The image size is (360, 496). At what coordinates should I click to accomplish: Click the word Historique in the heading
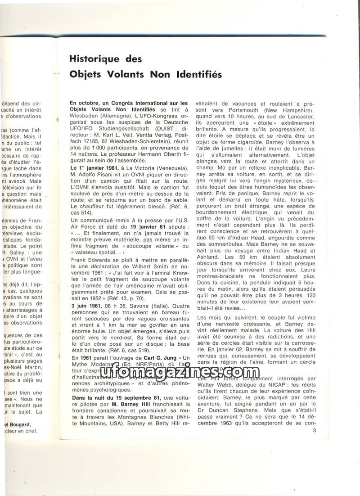pos(96,59)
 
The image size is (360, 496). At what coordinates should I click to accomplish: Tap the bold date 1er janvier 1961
pos(94,168)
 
